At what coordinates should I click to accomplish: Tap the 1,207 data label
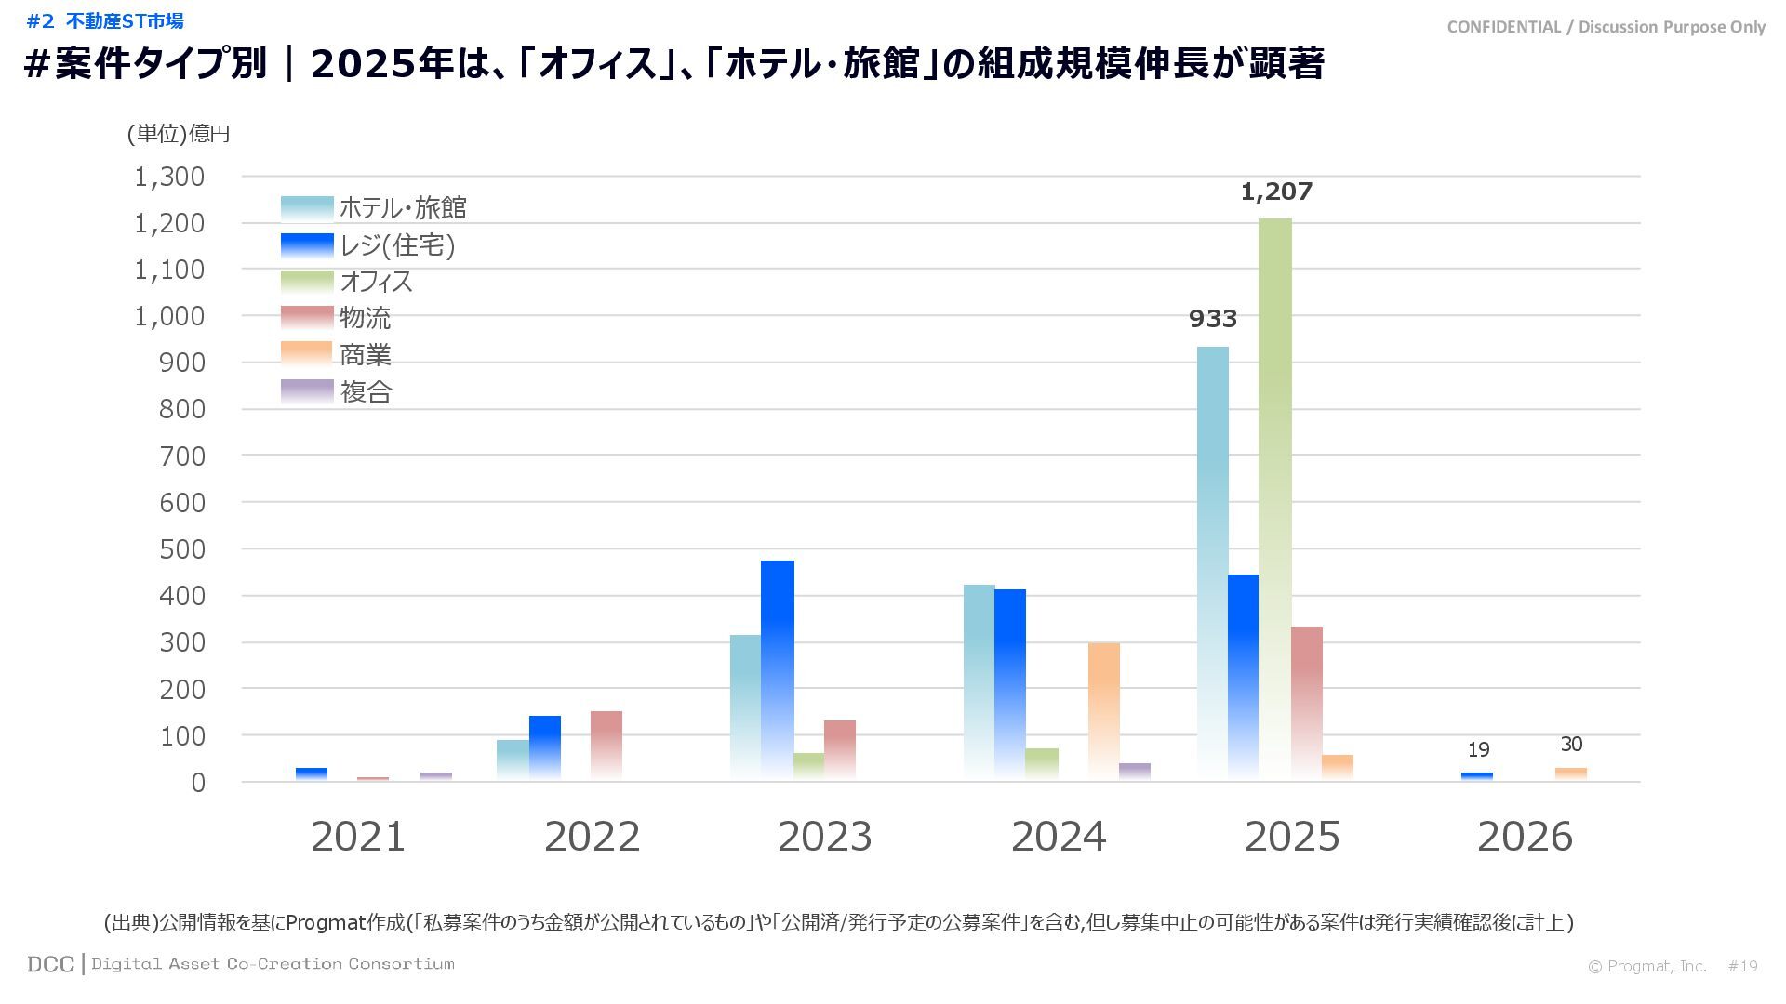coord(1276,192)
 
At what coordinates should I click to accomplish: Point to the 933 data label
coord(1213,319)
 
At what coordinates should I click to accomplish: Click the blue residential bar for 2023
coord(777,669)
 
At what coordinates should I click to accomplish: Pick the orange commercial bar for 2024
coord(1103,711)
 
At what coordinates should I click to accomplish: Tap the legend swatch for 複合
coord(307,391)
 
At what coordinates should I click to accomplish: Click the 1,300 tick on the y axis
coord(169,177)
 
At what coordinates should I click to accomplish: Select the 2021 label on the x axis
coord(358,837)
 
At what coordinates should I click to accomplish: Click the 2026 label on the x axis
coord(1524,837)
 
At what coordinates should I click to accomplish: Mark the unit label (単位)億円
coord(179,134)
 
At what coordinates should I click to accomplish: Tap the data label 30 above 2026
coord(1571,745)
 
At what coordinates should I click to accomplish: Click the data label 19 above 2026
coord(1478,750)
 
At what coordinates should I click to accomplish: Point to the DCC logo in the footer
coord(50,964)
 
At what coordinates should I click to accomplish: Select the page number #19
coord(1742,967)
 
